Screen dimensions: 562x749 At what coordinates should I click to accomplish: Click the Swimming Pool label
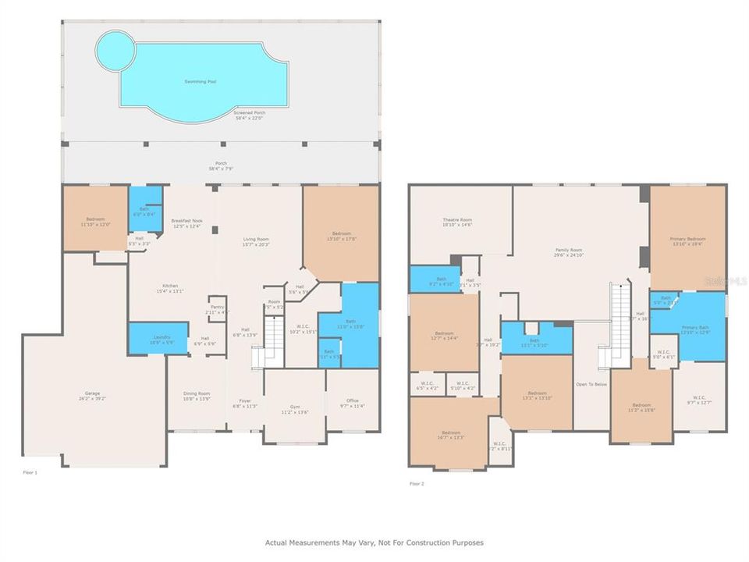[x=201, y=81]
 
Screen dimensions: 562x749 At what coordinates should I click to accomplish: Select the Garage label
[x=93, y=395]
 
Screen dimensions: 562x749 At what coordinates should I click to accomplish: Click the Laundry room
[x=151, y=337]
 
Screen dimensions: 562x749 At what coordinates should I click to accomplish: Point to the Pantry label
[x=216, y=309]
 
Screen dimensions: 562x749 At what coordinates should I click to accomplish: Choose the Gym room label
[x=294, y=409]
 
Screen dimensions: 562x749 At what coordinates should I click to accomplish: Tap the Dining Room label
[x=197, y=396]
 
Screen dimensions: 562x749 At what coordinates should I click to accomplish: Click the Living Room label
[x=257, y=241]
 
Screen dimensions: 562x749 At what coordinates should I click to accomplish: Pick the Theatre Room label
[x=458, y=222]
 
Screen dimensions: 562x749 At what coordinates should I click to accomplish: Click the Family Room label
[x=569, y=251]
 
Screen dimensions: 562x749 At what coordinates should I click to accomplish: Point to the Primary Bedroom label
[x=687, y=240]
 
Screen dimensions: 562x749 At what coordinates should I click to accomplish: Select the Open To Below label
[x=591, y=384]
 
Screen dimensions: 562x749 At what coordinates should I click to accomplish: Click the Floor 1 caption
[x=30, y=472]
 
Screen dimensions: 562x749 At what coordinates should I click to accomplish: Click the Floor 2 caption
[x=417, y=484]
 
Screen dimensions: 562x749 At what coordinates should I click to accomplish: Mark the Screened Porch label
[x=250, y=115]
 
